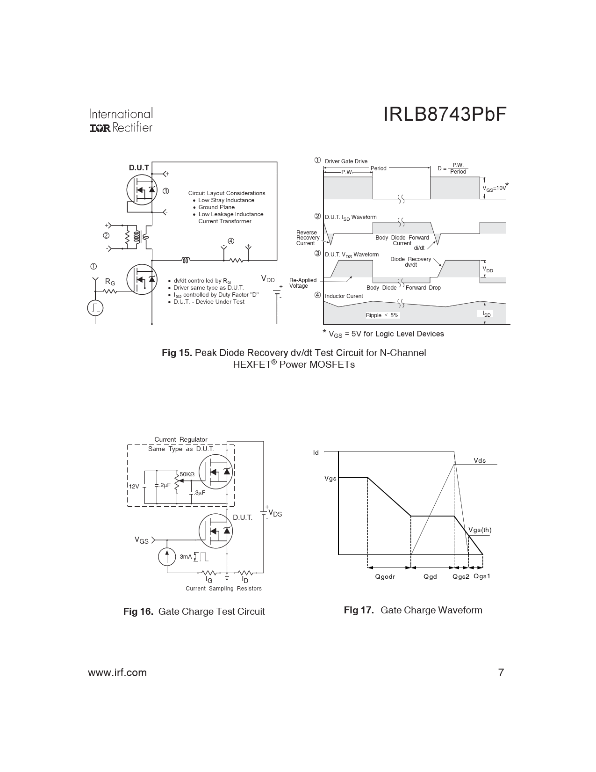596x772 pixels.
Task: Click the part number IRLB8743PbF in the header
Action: point(445,115)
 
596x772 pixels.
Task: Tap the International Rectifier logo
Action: point(121,120)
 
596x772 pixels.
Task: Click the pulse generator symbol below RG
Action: point(95,308)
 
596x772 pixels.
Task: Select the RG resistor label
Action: point(110,282)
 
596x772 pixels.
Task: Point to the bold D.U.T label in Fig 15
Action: point(139,168)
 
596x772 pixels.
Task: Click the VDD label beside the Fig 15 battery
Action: point(268,279)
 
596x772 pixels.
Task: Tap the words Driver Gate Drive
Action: point(346,161)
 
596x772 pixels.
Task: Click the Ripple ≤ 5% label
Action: point(382,315)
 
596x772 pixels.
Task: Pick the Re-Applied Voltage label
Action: point(303,283)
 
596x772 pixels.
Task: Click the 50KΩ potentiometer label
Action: point(187,474)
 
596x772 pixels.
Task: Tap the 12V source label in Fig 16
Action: point(134,487)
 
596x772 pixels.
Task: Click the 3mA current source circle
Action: point(167,556)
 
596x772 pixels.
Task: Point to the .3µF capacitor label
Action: point(199,493)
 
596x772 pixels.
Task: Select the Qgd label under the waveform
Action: point(430,576)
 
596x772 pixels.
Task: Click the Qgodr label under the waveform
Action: point(385,576)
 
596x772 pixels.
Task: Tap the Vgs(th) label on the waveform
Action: point(480,530)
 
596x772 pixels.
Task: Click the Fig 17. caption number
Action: point(359,610)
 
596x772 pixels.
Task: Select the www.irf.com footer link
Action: point(117,672)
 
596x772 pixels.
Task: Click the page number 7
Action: point(501,672)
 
